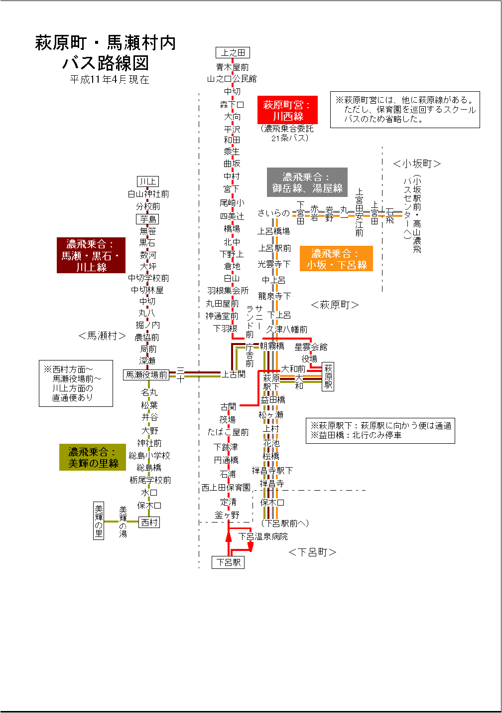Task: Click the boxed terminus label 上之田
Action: click(x=233, y=53)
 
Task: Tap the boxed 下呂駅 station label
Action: click(x=228, y=562)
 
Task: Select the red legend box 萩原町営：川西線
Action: click(x=287, y=110)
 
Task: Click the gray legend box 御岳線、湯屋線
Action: click(x=307, y=182)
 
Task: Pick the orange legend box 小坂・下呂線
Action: click(x=336, y=259)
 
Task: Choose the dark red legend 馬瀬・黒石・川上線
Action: click(x=91, y=255)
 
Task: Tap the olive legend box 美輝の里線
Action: click(x=93, y=458)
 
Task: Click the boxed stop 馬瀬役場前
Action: click(x=146, y=375)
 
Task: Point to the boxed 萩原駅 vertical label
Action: click(x=328, y=377)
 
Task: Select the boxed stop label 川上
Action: click(x=148, y=181)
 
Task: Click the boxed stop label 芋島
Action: click(x=148, y=219)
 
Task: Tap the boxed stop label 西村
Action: click(x=149, y=523)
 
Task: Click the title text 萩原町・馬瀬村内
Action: click(x=106, y=43)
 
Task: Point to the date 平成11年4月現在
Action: click(x=110, y=80)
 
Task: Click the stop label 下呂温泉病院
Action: click(x=262, y=536)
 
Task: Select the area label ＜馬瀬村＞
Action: click(x=102, y=336)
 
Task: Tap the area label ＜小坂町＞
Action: click(x=417, y=164)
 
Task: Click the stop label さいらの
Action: click(x=273, y=213)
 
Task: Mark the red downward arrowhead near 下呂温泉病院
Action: click(x=251, y=547)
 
